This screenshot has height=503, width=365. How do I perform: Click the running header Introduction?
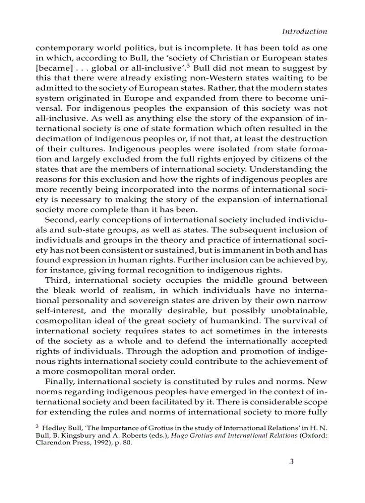click(304, 31)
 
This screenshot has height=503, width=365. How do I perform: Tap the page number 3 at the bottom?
click(291, 462)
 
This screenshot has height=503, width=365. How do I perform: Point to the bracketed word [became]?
click(54, 68)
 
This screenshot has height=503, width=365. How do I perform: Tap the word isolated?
click(222, 149)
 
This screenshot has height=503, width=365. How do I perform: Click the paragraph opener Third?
click(56, 280)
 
